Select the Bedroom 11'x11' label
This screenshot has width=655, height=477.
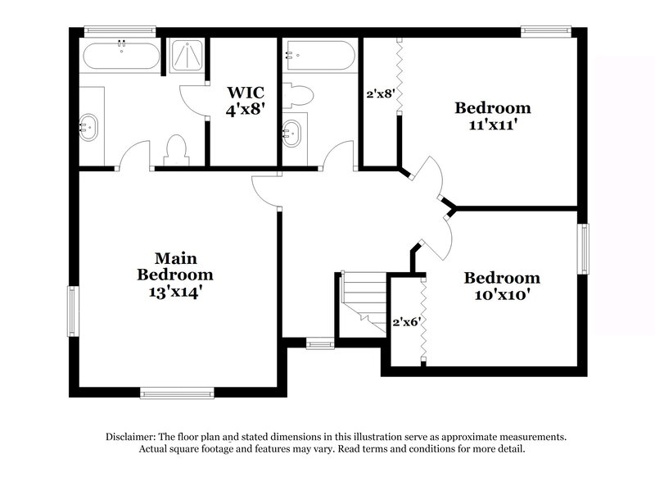coord(493,115)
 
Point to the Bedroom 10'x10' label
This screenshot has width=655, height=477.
coord(502,285)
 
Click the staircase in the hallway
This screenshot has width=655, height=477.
coord(363,302)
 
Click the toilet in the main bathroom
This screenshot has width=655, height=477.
coord(176,150)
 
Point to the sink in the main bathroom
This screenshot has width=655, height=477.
coord(88,127)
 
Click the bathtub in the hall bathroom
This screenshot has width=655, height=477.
coord(319,57)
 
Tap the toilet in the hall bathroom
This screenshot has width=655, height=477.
coord(299,97)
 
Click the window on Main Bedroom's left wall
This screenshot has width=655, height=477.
coord(72,311)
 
